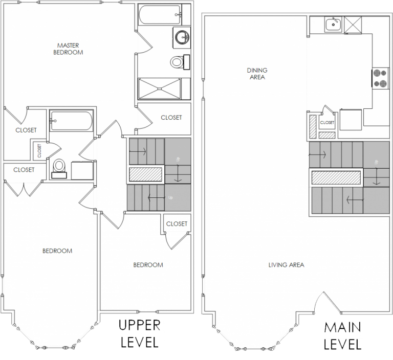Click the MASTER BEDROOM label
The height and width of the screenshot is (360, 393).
(68, 49)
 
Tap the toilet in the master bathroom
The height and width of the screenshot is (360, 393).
(178, 62)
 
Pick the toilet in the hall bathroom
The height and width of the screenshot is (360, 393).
(59, 167)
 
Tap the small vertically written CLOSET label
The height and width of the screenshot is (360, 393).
(39, 150)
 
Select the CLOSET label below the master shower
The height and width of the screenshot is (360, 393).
(171, 118)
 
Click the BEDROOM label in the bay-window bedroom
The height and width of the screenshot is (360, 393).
(57, 251)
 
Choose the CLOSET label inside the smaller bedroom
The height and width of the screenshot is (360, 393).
(177, 224)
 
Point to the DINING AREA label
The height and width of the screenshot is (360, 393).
(257, 74)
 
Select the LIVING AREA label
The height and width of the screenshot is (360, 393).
(286, 265)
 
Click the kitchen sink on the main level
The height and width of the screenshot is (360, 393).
(334, 24)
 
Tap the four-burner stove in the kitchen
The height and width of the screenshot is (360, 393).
(380, 78)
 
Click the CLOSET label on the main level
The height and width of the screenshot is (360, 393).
(327, 123)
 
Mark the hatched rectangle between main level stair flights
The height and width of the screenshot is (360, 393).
(336, 177)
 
